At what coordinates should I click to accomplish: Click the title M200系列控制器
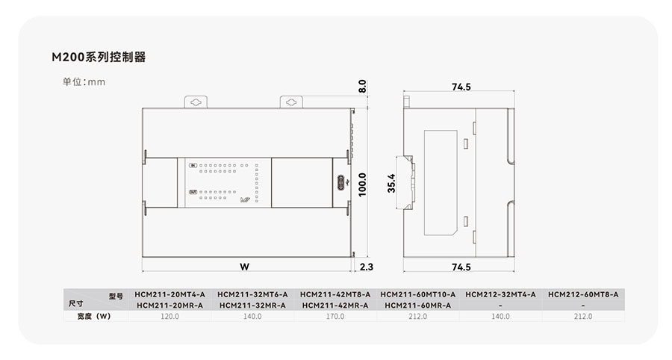click(x=99, y=57)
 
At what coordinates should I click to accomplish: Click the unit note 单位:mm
click(x=84, y=82)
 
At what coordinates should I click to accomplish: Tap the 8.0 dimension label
click(x=362, y=86)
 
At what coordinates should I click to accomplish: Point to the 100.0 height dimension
click(x=362, y=184)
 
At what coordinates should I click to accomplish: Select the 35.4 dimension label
click(x=391, y=183)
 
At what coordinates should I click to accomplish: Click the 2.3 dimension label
click(x=367, y=267)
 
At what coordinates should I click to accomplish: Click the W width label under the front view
click(x=244, y=267)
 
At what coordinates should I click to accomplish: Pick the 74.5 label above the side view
click(x=461, y=87)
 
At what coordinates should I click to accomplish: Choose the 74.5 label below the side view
click(x=461, y=267)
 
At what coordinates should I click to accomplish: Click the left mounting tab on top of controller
click(x=196, y=102)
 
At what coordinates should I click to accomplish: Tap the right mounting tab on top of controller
click(x=291, y=102)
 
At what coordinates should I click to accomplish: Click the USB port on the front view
click(x=341, y=182)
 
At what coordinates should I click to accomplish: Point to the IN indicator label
click(x=193, y=165)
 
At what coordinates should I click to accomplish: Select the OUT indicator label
click(x=193, y=192)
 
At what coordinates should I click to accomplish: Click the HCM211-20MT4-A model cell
click(x=169, y=294)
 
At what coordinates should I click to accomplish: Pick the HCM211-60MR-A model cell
click(x=418, y=305)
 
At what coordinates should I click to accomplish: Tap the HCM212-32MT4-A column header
click(x=500, y=294)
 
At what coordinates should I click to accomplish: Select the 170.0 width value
click(x=335, y=316)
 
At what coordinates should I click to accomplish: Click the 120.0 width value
click(x=169, y=316)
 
